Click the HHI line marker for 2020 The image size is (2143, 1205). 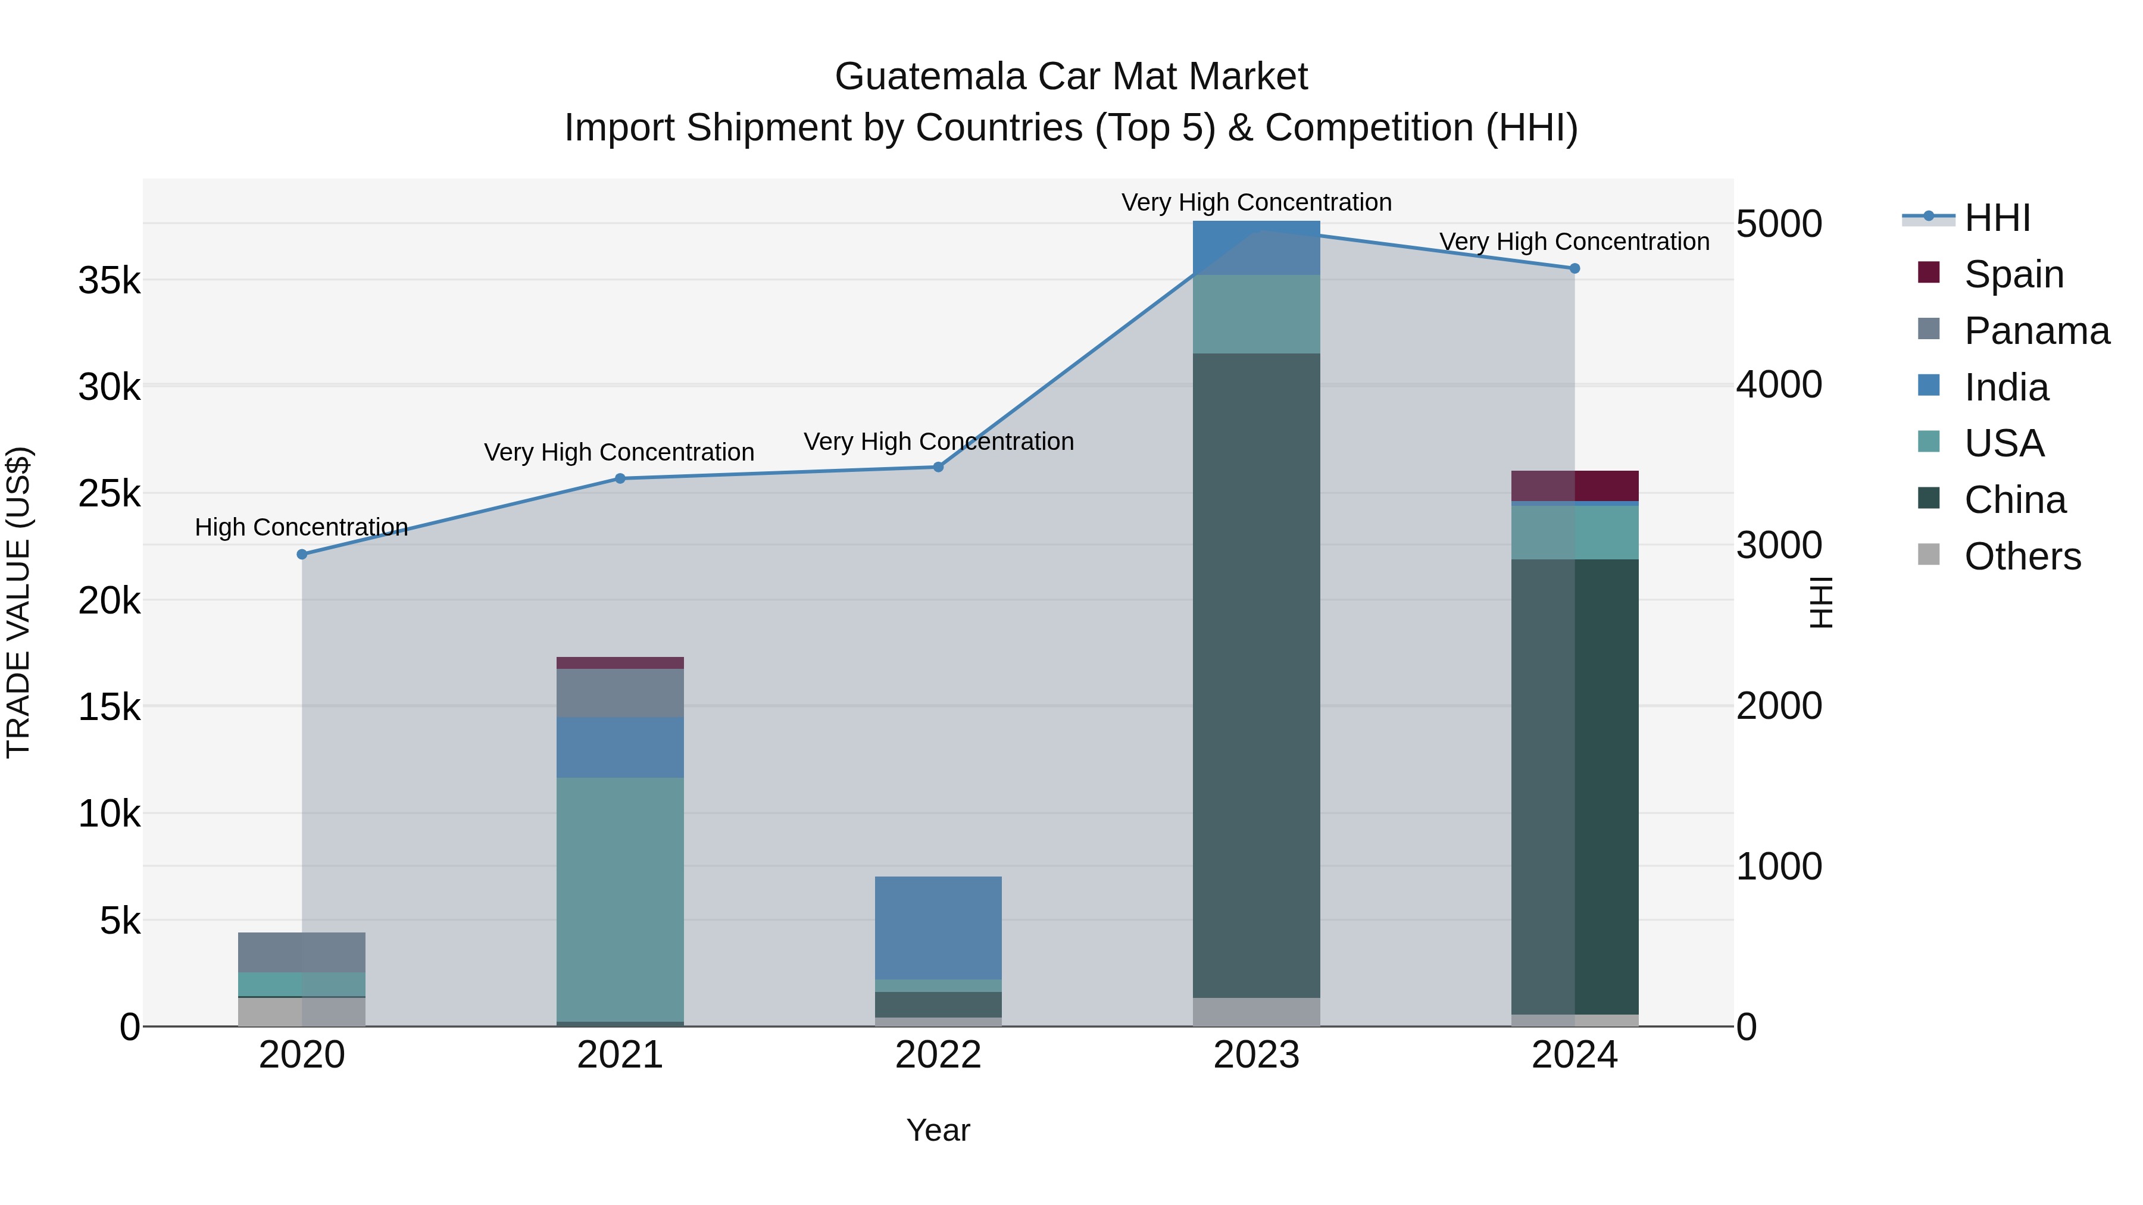click(x=302, y=554)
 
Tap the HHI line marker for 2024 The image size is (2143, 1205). click(x=1574, y=268)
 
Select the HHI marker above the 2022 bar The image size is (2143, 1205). click(x=938, y=467)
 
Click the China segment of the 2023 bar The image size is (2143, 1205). click(x=1256, y=674)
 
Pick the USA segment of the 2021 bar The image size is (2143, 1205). click(x=620, y=898)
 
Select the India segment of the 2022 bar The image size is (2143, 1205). click(x=938, y=927)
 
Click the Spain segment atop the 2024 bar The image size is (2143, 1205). click(x=1574, y=486)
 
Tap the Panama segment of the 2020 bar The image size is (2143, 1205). click(x=302, y=952)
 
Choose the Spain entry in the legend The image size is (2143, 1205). click(x=2013, y=274)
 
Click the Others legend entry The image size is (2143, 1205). click(x=2022, y=556)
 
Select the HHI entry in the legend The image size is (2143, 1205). click(x=1997, y=218)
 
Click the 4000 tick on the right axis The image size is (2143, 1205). click(x=1779, y=384)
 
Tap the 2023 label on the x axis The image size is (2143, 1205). click(x=1256, y=1055)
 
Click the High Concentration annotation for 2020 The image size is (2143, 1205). click(x=301, y=527)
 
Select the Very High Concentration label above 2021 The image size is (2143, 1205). click(x=619, y=452)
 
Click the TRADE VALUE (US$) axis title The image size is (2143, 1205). click(x=18, y=602)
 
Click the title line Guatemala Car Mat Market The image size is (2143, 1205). click(x=1071, y=77)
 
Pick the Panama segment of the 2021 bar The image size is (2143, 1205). click(x=620, y=694)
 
